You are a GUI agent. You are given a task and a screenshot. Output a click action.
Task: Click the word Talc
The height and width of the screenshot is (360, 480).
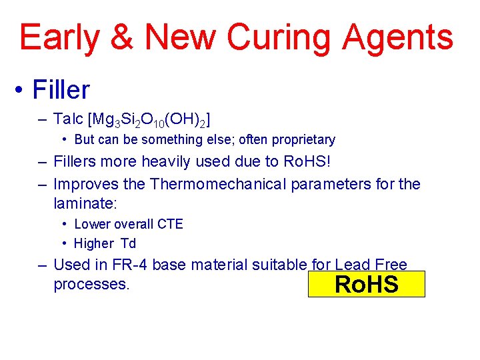[x=68, y=119]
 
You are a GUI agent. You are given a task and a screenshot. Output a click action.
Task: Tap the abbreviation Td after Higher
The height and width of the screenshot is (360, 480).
[x=128, y=243]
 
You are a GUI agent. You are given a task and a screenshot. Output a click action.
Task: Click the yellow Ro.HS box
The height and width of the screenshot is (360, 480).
[x=366, y=284]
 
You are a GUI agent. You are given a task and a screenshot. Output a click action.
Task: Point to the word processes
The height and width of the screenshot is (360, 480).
[x=91, y=284]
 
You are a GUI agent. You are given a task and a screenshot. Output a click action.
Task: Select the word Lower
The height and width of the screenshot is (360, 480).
[x=91, y=224]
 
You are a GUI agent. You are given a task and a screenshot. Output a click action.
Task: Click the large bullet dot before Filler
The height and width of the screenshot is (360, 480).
[x=22, y=90]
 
